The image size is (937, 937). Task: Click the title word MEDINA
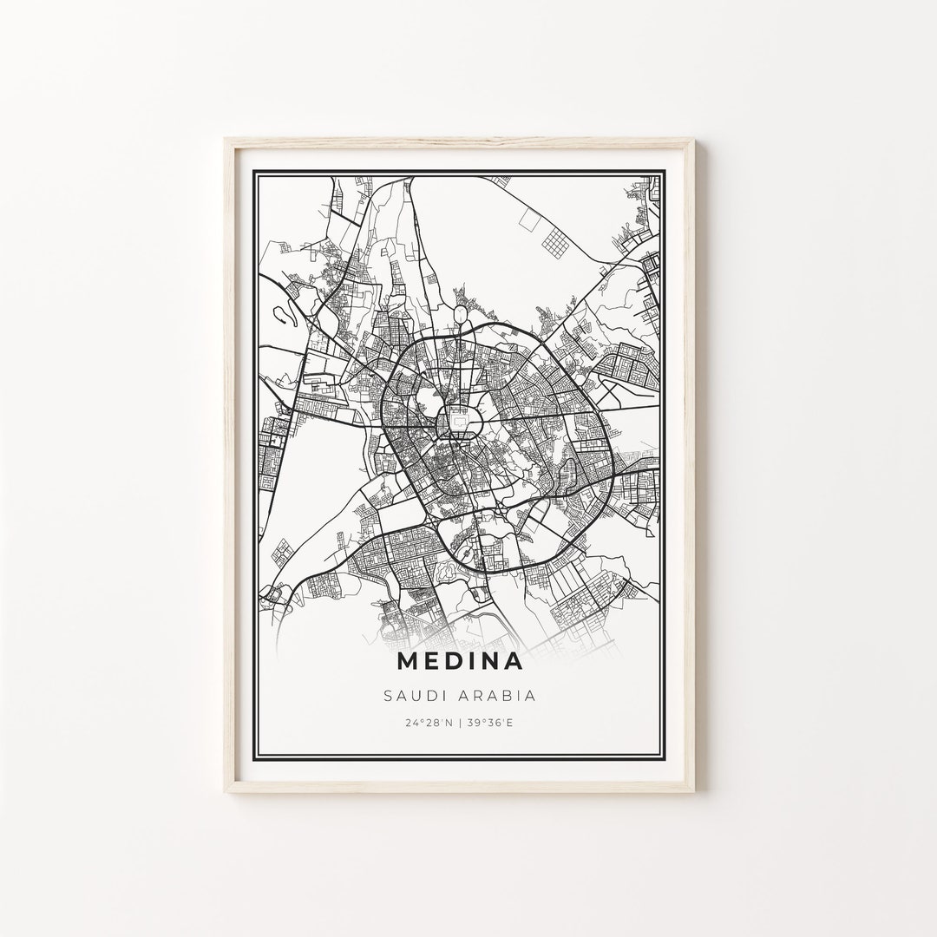click(461, 662)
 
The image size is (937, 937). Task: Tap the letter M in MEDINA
click(409, 662)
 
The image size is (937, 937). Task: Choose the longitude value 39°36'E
click(489, 723)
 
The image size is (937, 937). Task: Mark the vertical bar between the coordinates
click(461, 723)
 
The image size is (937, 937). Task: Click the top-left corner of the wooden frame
click(226, 139)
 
